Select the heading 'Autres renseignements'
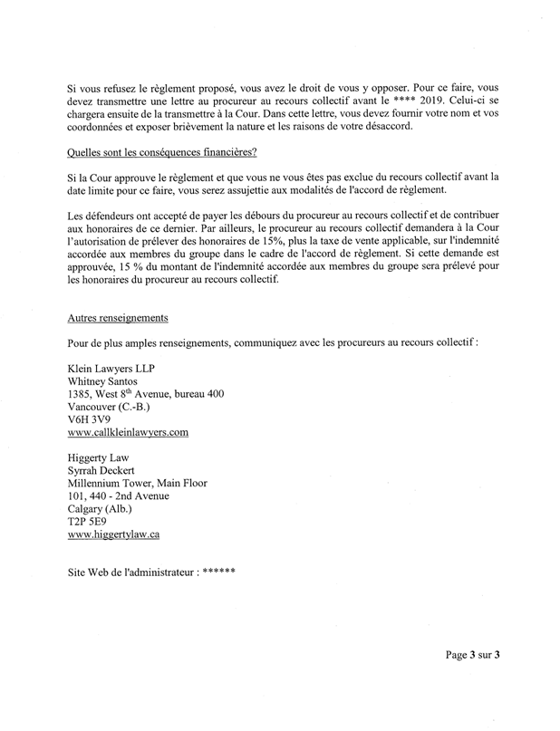click(117, 318)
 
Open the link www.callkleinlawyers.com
click(128, 433)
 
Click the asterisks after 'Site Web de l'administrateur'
click(219, 573)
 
